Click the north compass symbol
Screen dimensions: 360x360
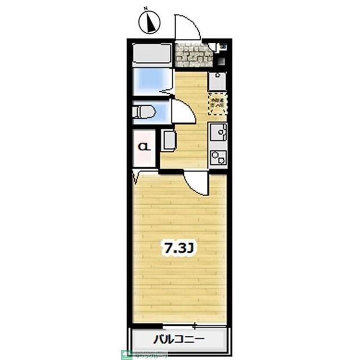point(149,22)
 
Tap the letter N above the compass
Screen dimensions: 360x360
point(145,8)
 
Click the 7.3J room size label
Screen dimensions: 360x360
point(178,247)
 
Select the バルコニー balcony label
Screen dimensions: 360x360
point(178,339)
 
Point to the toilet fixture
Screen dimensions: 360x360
point(145,112)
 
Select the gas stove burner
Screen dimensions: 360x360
point(218,157)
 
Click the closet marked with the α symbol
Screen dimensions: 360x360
point(144,147)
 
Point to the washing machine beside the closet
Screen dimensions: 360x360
point(169,139)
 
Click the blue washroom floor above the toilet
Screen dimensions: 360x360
point(151,82)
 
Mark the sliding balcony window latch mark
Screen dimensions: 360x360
point(195,325)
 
